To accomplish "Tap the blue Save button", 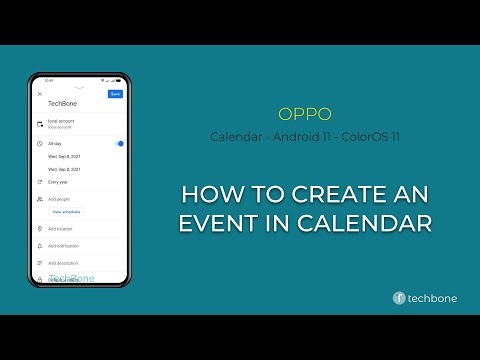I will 115,94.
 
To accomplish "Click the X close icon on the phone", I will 40,94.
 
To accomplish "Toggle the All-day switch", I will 119,144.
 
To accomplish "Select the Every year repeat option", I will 59,183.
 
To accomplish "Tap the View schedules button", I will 67,212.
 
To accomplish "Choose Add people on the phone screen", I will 60,199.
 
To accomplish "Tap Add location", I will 61,229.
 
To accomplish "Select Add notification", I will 63,245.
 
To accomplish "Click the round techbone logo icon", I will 398,297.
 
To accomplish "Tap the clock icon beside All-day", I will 39,144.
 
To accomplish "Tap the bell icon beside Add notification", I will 39,245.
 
